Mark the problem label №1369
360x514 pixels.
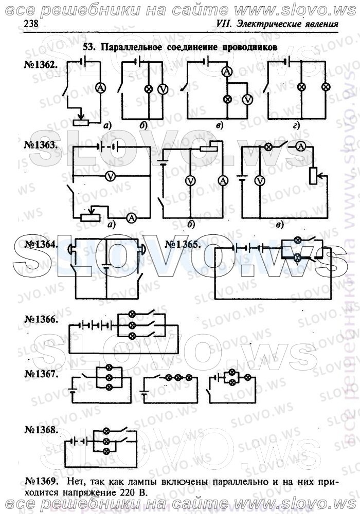[x=42, y=482]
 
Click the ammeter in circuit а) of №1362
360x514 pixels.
[x=101, y=87]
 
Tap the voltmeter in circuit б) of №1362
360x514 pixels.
[x=163, y=89]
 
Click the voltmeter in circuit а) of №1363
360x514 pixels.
[x=111, y=176]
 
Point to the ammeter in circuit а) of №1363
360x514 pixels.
[x=131, y=217]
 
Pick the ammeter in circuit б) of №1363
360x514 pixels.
[x=223, y=180]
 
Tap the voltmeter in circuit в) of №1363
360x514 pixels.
[x=260, y=180]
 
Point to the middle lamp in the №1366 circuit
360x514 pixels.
[x=132, y=325]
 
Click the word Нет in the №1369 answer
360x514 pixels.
[x=77, y=482]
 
